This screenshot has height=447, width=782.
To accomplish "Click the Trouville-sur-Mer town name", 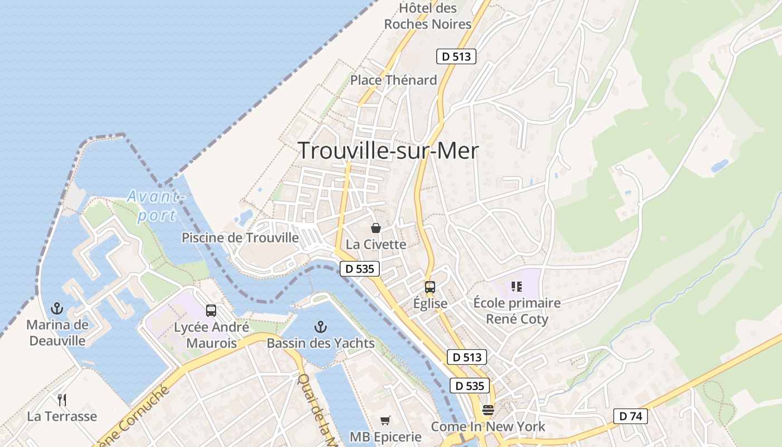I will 388,151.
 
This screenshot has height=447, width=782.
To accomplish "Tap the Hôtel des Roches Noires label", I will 428,16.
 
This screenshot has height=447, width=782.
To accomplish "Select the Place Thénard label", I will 393,80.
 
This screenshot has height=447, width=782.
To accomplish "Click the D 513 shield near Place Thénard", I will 456,56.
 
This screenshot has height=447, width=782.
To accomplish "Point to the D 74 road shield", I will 630,416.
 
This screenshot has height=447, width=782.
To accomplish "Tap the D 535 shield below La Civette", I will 360,269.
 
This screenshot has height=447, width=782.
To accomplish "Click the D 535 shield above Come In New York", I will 469,386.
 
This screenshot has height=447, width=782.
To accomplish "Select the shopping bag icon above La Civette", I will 376,228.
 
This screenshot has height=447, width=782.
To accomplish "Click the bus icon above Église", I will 430,287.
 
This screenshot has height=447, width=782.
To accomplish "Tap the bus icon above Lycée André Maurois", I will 211,311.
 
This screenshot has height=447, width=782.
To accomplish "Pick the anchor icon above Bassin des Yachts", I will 321,326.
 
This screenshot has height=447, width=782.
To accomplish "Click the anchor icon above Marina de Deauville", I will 56,308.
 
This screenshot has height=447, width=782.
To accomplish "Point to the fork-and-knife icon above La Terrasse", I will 62,400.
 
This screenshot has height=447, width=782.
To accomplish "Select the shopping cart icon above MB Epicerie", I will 385,420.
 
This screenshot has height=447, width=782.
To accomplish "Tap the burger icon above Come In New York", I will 488,410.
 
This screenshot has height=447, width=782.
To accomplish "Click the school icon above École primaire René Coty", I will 517,287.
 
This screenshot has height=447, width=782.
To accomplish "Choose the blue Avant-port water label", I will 155,206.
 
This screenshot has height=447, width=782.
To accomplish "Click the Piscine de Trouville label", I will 240,238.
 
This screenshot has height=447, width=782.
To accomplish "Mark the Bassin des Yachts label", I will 321,343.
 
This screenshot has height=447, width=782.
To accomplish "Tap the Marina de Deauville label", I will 58,332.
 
